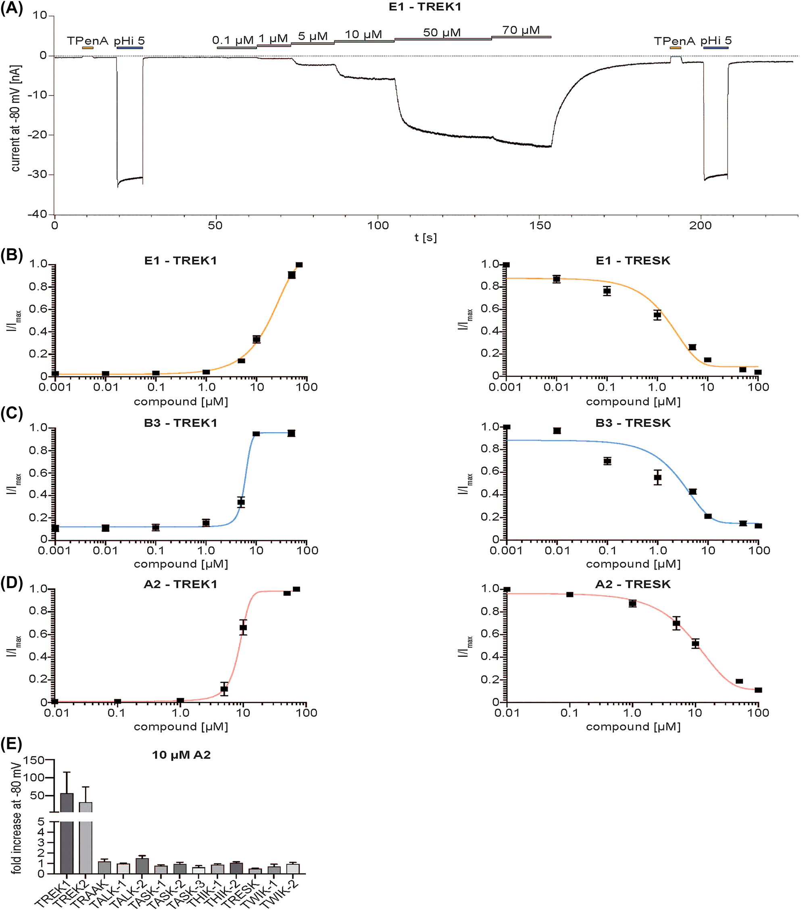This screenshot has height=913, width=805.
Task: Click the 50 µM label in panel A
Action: [x=442, y=33]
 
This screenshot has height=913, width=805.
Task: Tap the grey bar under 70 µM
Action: [x=521, y=37]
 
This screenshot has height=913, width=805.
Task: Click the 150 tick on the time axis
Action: [x=540, y=225]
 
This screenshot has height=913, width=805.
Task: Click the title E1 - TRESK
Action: [x=632, y=261]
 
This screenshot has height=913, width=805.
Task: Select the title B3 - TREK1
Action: [x=181, y=423]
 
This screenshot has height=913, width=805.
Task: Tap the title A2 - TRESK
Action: [x=632, y=584]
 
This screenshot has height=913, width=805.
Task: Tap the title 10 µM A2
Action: [x=181, y=755]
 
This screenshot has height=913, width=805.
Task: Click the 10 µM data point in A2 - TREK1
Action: [x=243, y=628]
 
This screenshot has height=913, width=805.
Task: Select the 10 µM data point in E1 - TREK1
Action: [x=257, y=339]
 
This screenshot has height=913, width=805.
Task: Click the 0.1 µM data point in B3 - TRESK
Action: [x=607, y=461]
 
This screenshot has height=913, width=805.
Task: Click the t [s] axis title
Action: [x=425, y=238]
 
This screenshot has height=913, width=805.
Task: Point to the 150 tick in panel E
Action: [x=33, y=761]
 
